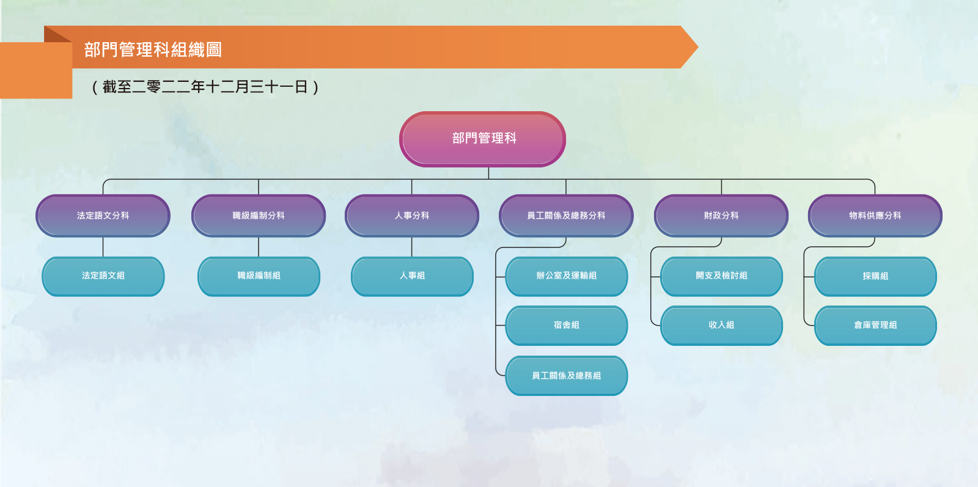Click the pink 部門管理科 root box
pyautogui.click(x=482, y=139)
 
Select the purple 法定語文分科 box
pyautogui.click(x=103, y=216)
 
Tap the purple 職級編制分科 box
pyautogui.click(x=259, y=216)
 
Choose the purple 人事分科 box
pyautogui.click(x=412, y=216)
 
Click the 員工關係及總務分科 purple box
pyautogui.click(x=566, y=216)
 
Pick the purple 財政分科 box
pyautogui.click(x=721, y=216)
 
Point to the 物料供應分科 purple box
pyautogui.click(x=875, y=216)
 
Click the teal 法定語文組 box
pyautogui.click(x=103, y=276)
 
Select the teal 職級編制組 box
pyautogui.click(x=259, y=276)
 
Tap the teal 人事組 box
pyautogui.click(x=412, y=276)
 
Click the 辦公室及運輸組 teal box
pyautogui.click(x=566, y=276)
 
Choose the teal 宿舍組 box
pyautogui.click(x=566, y=326)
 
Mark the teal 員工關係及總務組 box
pyautogui.click(x=566, y=376)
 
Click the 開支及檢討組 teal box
pyautogui.click(x=721, y=276)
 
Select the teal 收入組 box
pyautogui.click(x=721, y=326)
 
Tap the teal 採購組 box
pyautogui.click(x=875, y=276)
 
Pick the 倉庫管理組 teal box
pyautogui.click(x=875, y=326)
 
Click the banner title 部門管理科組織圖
pyautogui.click(x=153, y=49)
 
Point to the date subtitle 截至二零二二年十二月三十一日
pyautogui.click(x=205, y=87)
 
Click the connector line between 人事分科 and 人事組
pyautogui.click(x=412, y=247)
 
